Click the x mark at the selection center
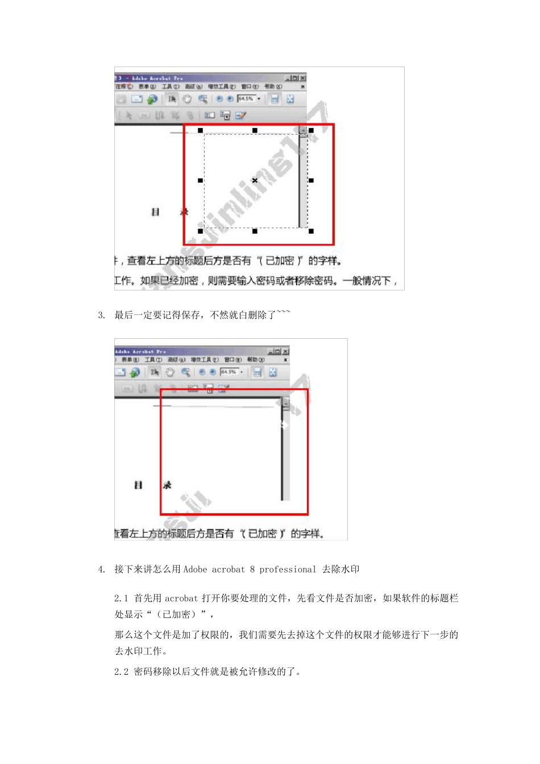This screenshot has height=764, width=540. (x=255, y=180)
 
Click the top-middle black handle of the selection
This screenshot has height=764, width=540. (x=255, y=130)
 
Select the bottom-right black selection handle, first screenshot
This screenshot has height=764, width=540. (x=311, y=231)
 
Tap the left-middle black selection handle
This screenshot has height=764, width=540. (x=200, y=180)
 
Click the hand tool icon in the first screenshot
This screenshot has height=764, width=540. (x=187, y=99)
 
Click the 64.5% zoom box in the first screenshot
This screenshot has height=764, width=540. (x=246, y=98)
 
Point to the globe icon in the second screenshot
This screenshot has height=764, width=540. (x=135, y=372)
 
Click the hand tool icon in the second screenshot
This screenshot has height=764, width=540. (x=169, y=372)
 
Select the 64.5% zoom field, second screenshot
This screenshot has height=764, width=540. (x=229, y=372)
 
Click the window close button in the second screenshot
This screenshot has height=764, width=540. (x=286, y=351)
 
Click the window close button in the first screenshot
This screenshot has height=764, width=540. (x=303, y=78)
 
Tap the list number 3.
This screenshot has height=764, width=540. (x=101, y=315)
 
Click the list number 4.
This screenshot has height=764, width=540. (x=101, y=570)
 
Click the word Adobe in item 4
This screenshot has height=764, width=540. (x=195, y=570)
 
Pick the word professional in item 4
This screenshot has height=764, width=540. (x=288, y=570)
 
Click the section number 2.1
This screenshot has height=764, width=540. (x=121, y=599)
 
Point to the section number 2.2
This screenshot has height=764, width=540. (x=121, y=672)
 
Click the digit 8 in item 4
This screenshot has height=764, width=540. (x=252, y=570)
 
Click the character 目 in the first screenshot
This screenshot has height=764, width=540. (x=155, y=212)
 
